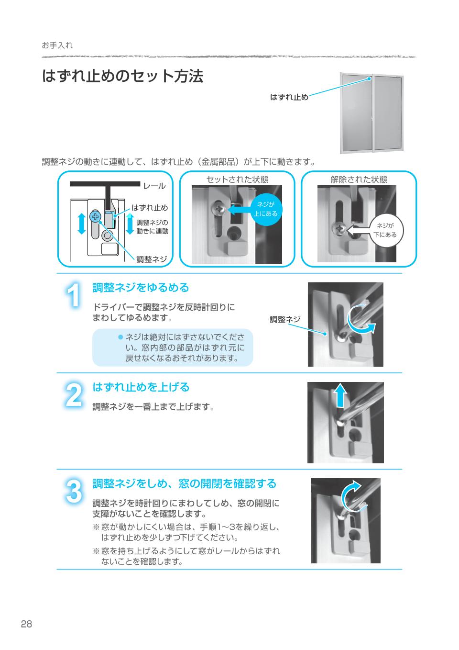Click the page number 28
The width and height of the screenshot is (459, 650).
[x=26, y=624]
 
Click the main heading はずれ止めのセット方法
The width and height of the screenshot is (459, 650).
[x=123, y=76]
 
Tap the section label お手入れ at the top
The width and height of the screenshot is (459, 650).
[x=57, y=45]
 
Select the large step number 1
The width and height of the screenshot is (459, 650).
[x=73, y=295]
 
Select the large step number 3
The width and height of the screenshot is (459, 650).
[x=73, y=492]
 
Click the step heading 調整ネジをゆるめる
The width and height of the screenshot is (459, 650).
[x=141, y=288]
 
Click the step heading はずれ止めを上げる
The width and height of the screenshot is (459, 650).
[x=141, y=387]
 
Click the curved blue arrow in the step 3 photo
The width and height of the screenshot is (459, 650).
[x=352, y=493]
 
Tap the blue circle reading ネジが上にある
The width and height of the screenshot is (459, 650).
[x=265, y=209]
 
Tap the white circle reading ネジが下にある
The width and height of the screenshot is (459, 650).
[x=385, y=231]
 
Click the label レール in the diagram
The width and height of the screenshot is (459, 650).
[x=154, y=186]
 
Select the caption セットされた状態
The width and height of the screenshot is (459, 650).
[x=237, y=179]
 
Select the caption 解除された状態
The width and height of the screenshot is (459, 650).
[x=359, y=179]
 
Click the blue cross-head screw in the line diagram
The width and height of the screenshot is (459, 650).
[x=95, y=217]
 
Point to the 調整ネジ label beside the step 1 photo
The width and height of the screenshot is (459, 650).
[x=285, y=319]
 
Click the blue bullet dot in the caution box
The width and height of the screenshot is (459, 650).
[x=120, y=337]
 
